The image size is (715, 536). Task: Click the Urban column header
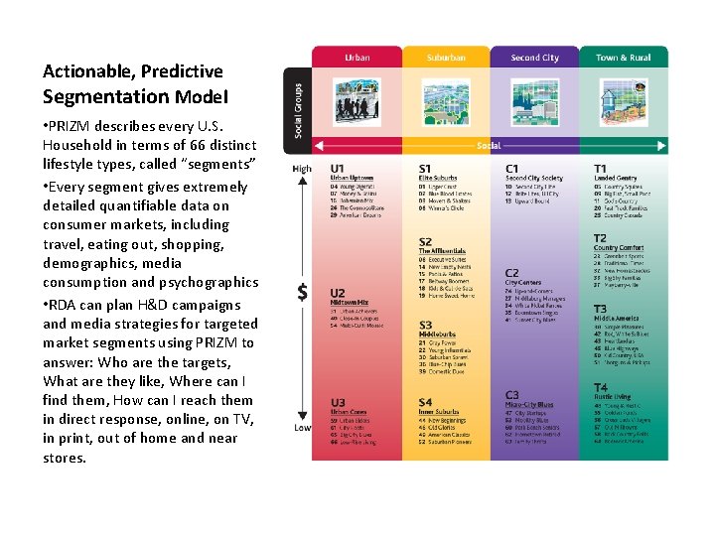357,58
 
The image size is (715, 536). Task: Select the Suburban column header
446,58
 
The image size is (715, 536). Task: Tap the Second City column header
534,58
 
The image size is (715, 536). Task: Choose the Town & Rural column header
624,58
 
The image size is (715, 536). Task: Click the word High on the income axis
302,169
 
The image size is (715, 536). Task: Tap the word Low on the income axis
302,428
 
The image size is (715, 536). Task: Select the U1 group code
339,169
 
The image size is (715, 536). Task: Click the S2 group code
425,241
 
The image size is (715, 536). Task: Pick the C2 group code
511,273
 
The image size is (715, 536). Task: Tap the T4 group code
600,387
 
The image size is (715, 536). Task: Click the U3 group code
339,402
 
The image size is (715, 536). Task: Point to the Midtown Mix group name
350,302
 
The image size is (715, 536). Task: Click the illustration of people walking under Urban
357,104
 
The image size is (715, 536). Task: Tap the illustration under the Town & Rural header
624,104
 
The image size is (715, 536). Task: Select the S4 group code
425,402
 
